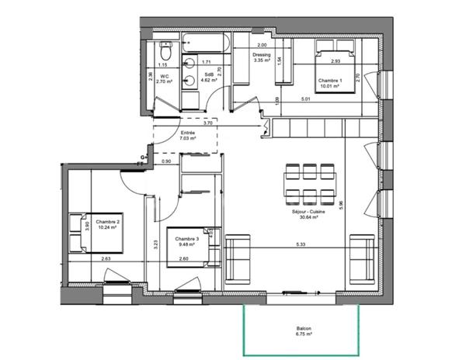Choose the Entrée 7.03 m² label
[187, 136]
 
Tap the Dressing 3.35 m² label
[261, 57]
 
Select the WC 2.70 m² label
[165, 78]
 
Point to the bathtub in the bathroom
[203, 45]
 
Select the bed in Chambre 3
[194, 247]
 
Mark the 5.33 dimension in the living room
[299, 243]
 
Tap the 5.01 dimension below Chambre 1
[305, 99]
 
